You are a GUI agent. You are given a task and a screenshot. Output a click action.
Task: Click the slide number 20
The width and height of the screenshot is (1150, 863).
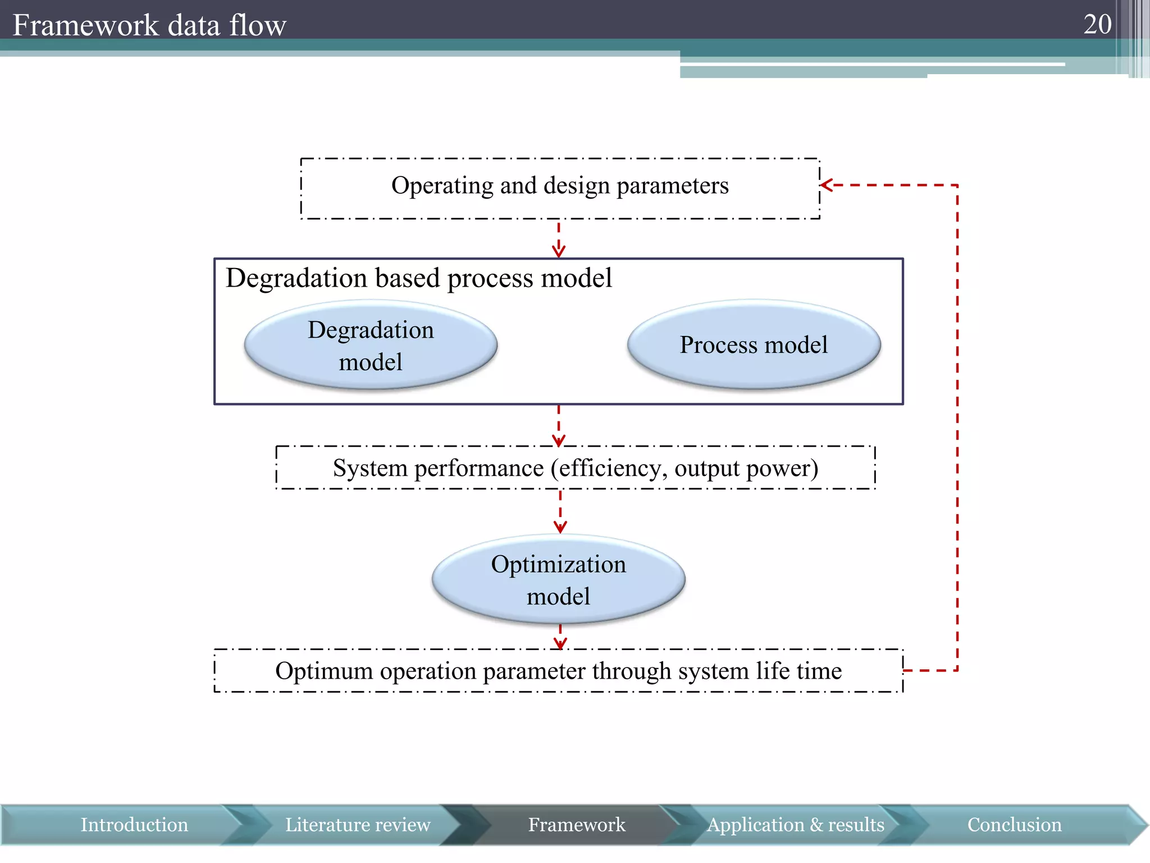click(1097, 24)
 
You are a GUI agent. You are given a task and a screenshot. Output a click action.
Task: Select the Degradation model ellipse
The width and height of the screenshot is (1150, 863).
click(371, 345)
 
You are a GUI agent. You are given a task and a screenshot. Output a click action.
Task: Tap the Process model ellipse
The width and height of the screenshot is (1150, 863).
click(754, 344)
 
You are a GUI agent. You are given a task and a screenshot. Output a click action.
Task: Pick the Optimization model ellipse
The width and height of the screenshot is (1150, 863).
click(558, 579)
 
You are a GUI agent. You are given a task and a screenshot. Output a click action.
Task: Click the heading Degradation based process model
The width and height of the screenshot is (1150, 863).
click(418, 278)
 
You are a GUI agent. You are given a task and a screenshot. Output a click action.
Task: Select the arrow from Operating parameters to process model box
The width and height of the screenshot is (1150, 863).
click(558, 240)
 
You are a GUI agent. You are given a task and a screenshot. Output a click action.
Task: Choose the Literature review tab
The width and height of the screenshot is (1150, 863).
click(358, 825)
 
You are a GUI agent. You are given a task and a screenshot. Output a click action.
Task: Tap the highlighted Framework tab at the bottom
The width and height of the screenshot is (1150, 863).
click(576, 825)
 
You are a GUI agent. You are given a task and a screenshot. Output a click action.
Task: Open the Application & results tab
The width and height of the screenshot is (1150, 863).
click(795, 825)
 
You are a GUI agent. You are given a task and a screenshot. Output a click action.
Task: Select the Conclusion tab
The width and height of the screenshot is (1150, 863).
click(1014, 825)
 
